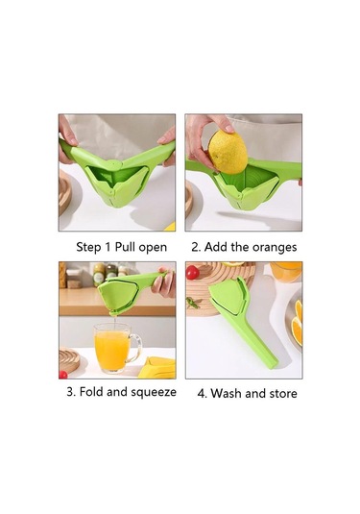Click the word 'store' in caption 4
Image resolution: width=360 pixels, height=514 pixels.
coord(281,393)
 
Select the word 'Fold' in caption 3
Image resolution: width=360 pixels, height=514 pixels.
coord(92,392)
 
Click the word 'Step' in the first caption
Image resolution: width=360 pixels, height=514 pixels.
coord(92,247)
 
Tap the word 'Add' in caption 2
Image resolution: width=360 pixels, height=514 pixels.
coord(218,247)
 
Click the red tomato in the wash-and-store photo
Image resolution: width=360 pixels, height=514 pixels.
coord(192,273)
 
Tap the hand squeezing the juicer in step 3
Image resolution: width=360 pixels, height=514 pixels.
coord(165,281)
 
